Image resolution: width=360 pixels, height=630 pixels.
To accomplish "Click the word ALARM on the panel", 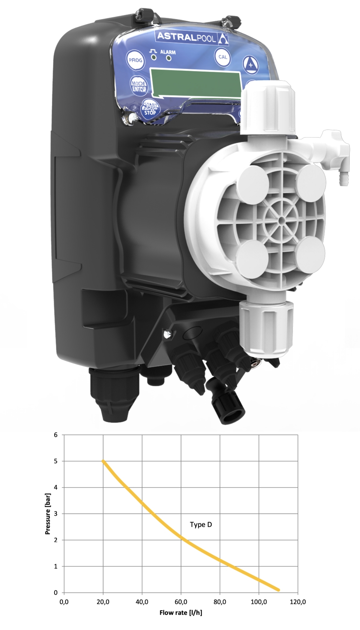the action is point(168,52).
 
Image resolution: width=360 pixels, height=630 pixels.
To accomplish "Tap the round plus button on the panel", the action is point(250,64).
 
